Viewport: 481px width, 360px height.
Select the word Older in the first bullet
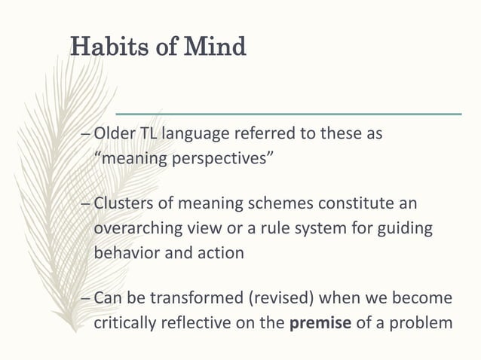114,134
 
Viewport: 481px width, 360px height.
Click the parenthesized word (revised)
272,299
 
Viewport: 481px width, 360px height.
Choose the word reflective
192,324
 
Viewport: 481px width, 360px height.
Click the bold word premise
315,324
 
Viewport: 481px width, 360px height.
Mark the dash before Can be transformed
84,299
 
